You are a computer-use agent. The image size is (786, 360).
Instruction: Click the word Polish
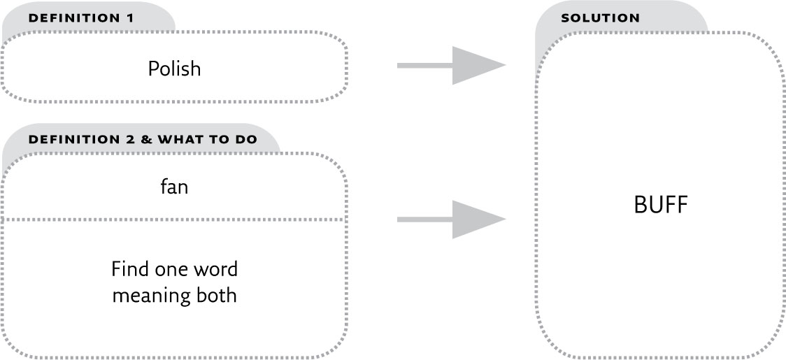(x=174, y=69)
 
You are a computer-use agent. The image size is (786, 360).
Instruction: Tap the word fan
(x=174, y=187)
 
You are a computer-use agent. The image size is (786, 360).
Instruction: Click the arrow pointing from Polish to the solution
(x=452, y=66)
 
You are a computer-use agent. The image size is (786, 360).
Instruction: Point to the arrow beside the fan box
(x=452, y=219)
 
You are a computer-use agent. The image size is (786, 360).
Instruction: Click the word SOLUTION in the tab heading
(x=600, y=18)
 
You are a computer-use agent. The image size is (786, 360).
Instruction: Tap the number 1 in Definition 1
(x=129, y=18)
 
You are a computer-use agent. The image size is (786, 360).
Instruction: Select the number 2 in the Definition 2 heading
(x=129, y=139)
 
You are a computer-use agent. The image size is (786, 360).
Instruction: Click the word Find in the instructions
(x=127, y=269)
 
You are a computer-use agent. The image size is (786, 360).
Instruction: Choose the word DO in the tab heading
(x=245, y=139)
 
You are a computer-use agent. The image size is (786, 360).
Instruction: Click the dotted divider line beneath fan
(x=174, y=220)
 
